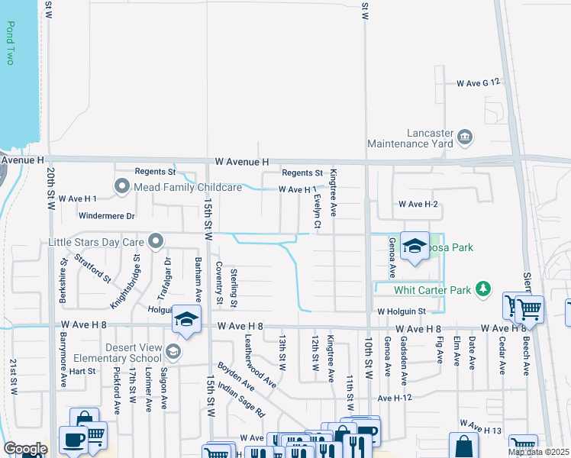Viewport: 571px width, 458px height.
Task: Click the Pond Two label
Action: click(x=11, y=43)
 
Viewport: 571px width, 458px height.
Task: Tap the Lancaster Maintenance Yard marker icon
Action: click(x=464, y=138)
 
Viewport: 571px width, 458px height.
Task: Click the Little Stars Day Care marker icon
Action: click(x=156, y=242)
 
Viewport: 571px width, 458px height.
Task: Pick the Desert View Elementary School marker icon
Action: click(x=173, y=351)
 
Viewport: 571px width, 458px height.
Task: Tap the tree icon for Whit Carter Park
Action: click(x=482, y=289)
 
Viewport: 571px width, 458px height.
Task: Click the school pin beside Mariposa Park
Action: click(x=415, y=246)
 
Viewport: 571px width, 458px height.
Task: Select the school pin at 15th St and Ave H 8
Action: click(x=185, y=319)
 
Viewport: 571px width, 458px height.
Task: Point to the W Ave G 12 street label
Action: click(x=478, y=82)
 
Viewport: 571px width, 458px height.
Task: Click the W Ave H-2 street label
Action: click(x=418, y=205)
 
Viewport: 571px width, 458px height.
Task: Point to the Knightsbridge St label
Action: click(x=126, y=281)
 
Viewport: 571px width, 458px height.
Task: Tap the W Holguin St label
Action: click(x=401, y=311)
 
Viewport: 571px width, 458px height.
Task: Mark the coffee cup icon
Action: click(x=74, y=440)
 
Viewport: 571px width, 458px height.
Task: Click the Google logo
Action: click(x=25, y=449)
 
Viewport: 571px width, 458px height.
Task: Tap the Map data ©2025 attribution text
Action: click(x=538, y=452)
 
